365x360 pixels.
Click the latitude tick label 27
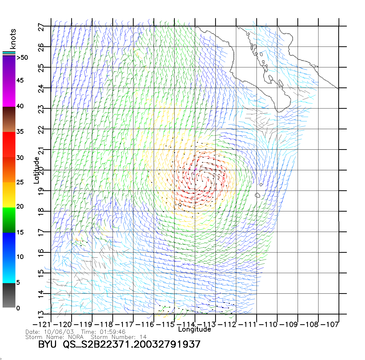point(41,27)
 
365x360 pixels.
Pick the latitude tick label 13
point(41,314)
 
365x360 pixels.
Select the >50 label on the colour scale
point(22,58)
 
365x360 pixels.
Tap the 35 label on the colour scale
point(20,132)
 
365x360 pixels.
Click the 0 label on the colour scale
point(18,308)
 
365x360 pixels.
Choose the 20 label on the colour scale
point(20,206)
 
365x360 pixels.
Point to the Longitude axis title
point(195,329)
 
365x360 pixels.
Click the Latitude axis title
point(36,170)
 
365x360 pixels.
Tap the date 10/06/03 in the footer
point(59,332)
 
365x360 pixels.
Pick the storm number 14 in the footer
point(143,337)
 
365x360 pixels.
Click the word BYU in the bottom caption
point(47,344)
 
